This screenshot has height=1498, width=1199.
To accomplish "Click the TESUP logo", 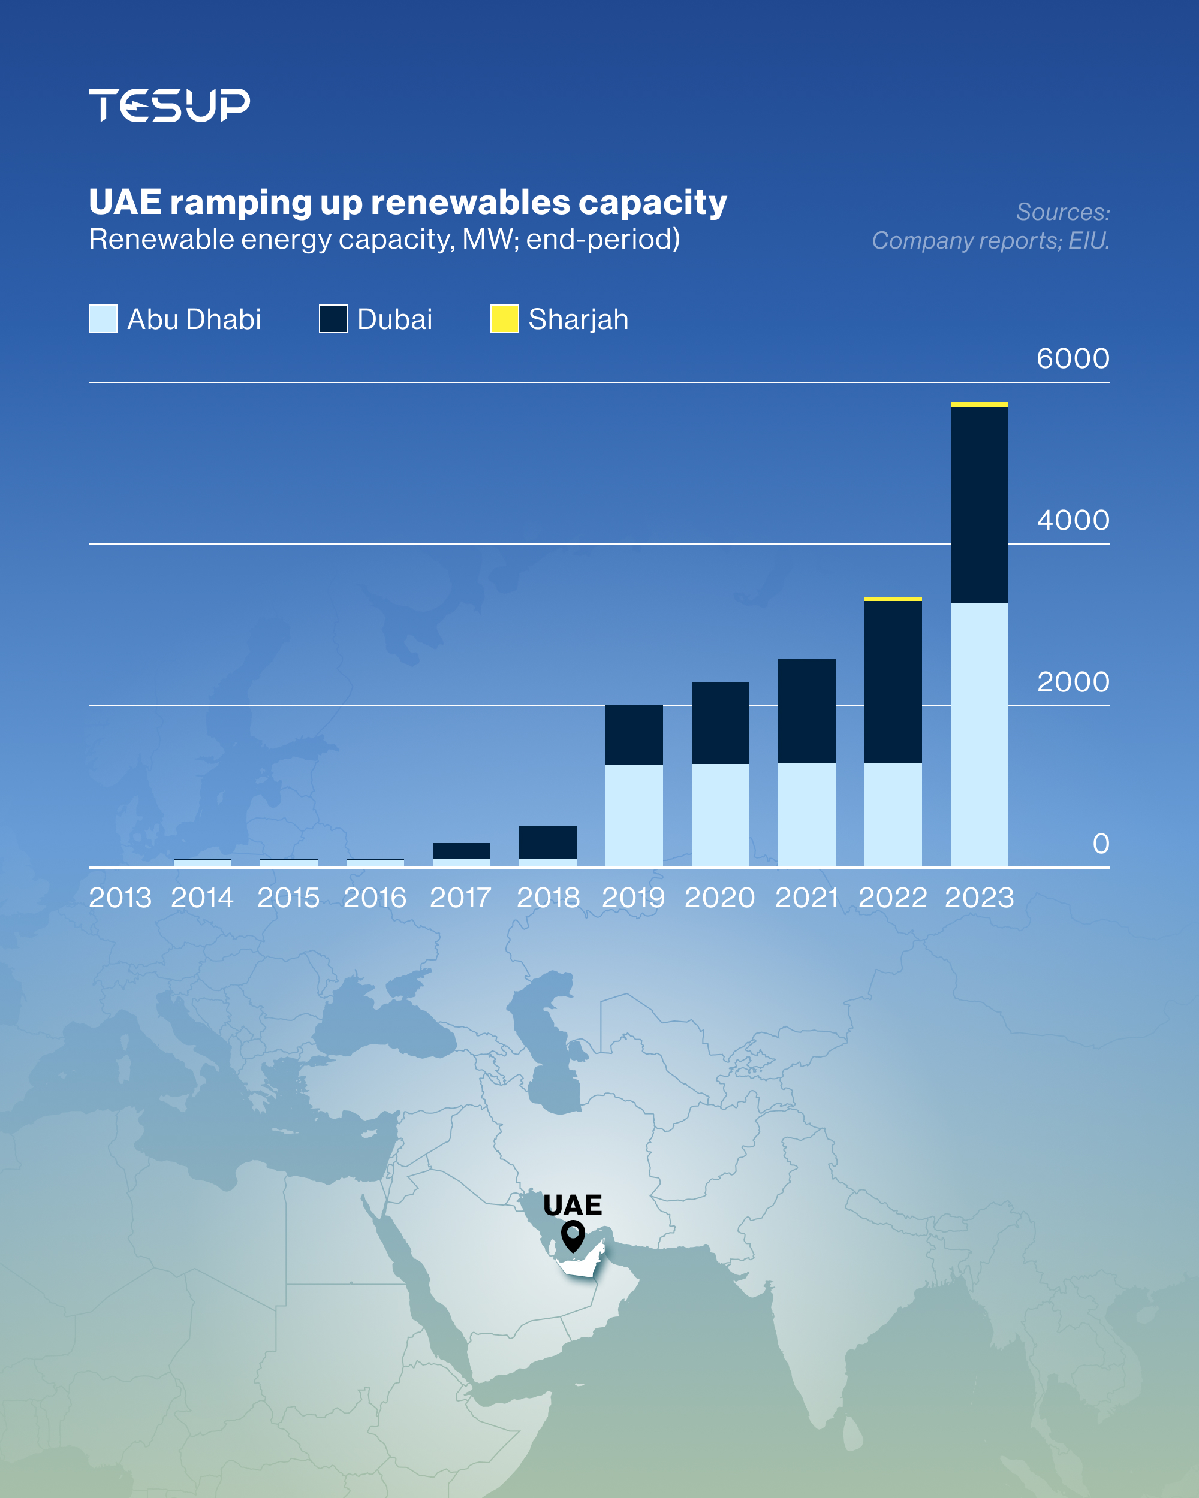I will click(169, 105).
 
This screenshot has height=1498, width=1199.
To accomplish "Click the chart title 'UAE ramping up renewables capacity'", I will click(407, 202).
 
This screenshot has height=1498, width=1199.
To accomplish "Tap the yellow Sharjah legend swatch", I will click(504, 319).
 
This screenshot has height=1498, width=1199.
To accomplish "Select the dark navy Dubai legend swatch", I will click(333, 319).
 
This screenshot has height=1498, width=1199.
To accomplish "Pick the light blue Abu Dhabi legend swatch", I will click(103, 319).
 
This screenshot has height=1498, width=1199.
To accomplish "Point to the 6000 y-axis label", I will click(1073, 358).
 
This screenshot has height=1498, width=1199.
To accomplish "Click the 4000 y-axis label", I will click(1073, 521).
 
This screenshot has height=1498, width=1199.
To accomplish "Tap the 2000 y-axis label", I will click(1073, 682).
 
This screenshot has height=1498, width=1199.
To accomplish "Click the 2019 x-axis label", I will click(633, 898).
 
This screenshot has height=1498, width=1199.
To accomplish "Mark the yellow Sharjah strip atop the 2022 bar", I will click(893, 599).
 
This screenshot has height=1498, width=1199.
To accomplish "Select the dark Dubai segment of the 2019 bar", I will click(633, 735).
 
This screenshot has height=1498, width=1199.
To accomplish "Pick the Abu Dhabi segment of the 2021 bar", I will click(806, 815).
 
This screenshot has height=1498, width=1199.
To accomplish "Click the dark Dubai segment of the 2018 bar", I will click(548, 842).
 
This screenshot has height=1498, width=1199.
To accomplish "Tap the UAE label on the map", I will click(572, 1206).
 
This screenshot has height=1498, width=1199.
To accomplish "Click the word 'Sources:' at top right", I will click(1063, 212).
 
